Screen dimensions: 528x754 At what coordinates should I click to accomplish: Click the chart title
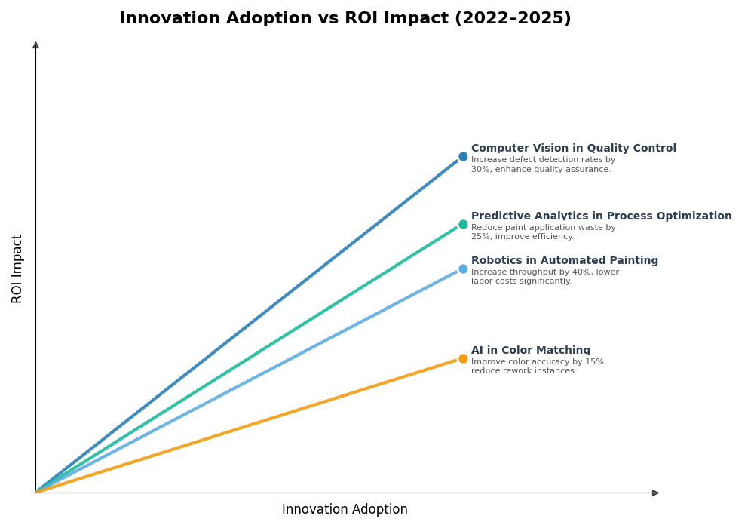click(345, 19)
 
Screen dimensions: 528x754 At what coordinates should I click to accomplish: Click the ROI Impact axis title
click(17, 269)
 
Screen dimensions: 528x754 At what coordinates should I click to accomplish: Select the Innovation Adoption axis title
click(345, 510)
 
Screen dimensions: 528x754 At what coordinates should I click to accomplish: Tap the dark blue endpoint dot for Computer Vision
click(463, 157)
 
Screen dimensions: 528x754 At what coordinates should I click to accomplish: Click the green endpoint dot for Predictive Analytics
click(463, 225)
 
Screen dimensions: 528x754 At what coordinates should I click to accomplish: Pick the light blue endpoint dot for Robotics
click(463, 269)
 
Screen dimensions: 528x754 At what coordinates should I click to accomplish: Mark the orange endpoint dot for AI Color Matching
click(463, 359)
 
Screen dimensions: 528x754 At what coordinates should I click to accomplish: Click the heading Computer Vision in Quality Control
click(573, 149)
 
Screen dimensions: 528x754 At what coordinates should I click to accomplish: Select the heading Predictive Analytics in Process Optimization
click(601, 216)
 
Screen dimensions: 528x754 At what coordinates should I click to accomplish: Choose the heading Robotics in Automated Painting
click(564, 261)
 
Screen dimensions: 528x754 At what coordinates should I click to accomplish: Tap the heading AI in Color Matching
click(531, 351)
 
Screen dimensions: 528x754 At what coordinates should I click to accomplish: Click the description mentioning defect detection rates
click(543, 164)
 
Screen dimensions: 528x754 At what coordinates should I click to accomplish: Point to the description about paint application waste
click(543, 232)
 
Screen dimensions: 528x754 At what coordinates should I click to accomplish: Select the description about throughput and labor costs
click(544, 277)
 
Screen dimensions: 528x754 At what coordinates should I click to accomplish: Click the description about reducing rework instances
click(538, 367)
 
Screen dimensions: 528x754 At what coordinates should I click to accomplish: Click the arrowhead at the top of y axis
click(35, 45)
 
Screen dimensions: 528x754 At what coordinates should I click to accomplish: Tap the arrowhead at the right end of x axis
click(655, 493)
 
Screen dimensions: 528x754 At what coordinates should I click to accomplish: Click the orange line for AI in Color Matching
click(249, 425)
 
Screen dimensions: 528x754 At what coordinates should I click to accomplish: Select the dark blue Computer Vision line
click(249, 324)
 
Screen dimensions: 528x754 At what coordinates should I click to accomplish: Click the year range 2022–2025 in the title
click(512, 19)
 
